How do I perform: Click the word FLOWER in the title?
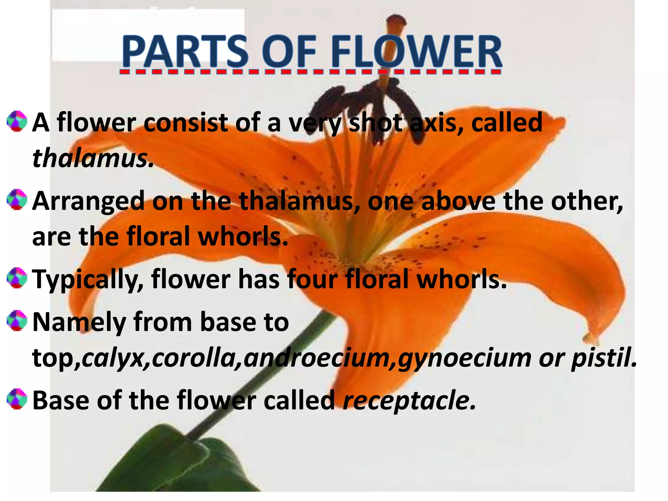417,52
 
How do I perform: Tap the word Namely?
79,322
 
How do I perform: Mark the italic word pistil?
604,358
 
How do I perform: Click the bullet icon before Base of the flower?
17,399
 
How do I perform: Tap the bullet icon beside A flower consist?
17,121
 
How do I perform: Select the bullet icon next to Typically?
17,278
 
